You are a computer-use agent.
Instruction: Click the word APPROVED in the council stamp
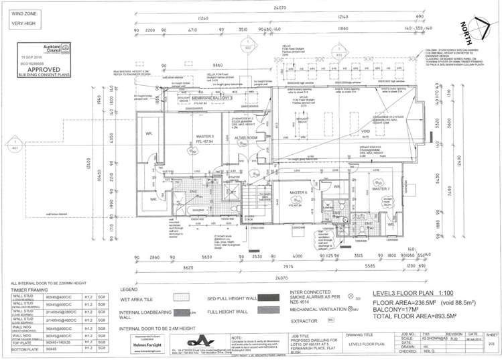click(29, 68)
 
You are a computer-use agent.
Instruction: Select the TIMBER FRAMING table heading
click(27, 289)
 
